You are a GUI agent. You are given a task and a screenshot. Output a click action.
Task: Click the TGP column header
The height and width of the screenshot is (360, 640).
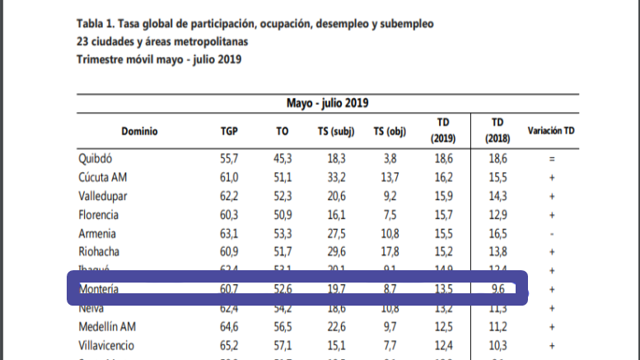click(229, 131)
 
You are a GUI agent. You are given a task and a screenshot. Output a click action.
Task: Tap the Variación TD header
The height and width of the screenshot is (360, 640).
click(551, 131)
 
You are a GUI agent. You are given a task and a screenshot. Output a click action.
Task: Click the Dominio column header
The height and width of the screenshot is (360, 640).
click(139, 131)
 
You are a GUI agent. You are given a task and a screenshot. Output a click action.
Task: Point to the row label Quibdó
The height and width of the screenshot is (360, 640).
click(96, 158)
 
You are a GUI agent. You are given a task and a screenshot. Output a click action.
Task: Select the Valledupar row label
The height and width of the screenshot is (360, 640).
click(104, 196)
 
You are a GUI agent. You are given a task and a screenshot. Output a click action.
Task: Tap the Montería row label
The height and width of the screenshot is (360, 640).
click(100, 290)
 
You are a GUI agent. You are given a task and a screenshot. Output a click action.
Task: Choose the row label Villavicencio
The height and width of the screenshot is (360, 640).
click(107, 347)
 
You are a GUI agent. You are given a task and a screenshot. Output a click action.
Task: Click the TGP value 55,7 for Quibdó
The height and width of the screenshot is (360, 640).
click(229, 158)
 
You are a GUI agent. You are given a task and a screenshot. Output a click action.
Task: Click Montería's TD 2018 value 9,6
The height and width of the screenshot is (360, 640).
click(498, 290)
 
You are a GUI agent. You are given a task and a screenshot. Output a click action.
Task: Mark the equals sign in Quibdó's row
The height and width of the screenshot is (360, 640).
click(551, 158)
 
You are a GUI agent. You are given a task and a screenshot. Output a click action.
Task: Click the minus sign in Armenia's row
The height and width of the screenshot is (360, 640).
click(551, 234)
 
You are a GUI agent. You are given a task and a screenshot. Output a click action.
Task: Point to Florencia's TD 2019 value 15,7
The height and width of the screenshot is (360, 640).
click(444, 215)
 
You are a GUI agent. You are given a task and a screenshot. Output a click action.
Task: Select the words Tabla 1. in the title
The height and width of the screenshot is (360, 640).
click(97, 25)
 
